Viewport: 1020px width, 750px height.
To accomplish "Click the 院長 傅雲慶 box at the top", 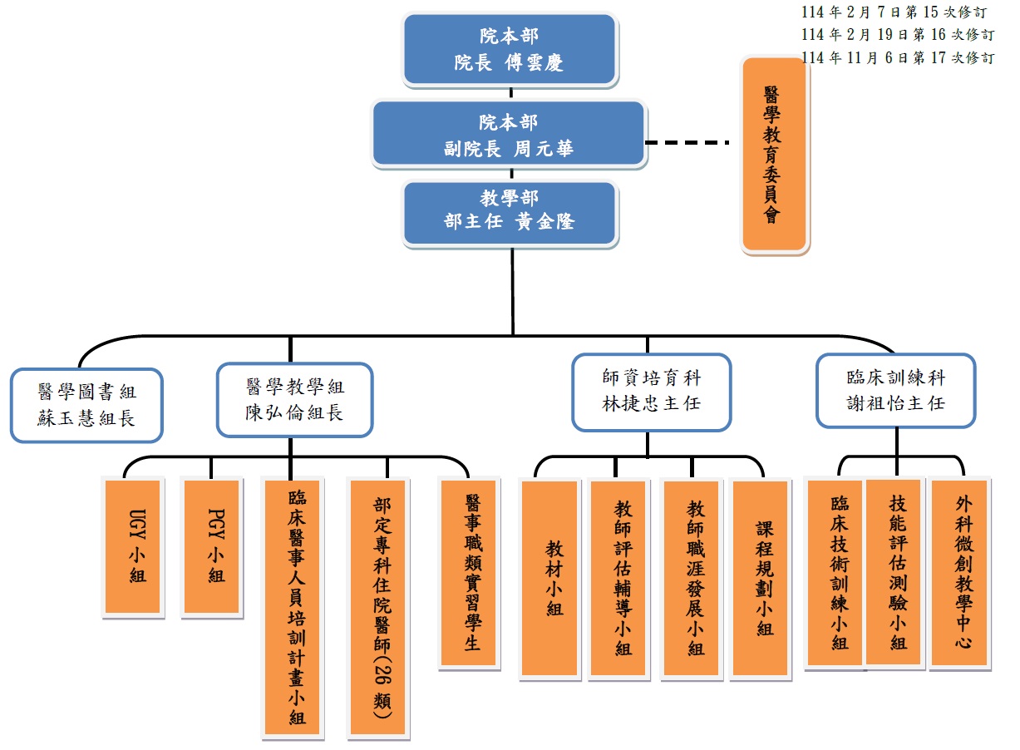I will click(510, 49).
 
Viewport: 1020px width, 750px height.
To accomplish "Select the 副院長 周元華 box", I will click(509, 135).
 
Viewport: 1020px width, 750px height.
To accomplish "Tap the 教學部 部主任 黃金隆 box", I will click(510, 212).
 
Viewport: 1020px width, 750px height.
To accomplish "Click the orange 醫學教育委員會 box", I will click(774, 154).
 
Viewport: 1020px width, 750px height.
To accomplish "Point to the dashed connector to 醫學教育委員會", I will click(687, 142).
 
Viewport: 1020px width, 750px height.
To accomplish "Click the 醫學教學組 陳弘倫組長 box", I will click(294, 399).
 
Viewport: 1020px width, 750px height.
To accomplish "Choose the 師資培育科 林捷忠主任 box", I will click(651, 391).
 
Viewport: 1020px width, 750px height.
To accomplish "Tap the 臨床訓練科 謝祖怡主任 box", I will click(894, 390).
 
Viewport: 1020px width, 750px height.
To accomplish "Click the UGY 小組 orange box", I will click(131, 546).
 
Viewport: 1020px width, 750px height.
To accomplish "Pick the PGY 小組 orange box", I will click(211, 546).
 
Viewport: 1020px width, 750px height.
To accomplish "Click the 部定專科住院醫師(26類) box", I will click(378, 607).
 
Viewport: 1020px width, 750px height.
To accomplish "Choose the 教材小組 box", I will click(549, 579).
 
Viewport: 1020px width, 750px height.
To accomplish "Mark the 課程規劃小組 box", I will click(760, 579).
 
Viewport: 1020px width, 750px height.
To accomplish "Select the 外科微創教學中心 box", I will click(959, 573).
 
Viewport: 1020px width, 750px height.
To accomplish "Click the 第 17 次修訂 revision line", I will click(898, 57).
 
